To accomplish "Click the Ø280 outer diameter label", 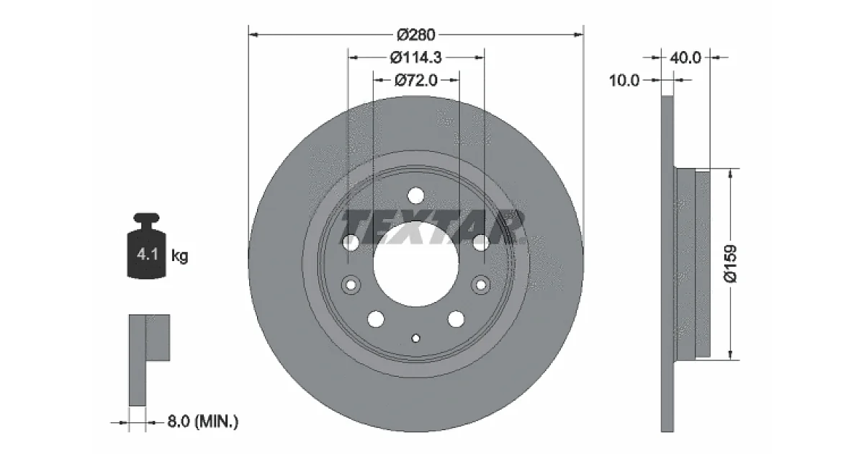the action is click(416, 35).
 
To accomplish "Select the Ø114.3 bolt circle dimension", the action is click(416, 58).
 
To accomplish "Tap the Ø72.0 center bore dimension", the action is click(416, 80).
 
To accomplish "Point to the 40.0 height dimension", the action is click(685, 58).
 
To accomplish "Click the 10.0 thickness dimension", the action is click(624, 80).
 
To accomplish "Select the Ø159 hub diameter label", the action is click(731, 264).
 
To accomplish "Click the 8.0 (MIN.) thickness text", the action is click(203, 421).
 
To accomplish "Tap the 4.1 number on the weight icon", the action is click(148, 254).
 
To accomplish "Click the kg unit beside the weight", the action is click(179, 256).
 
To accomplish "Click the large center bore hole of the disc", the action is click(416, 264).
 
